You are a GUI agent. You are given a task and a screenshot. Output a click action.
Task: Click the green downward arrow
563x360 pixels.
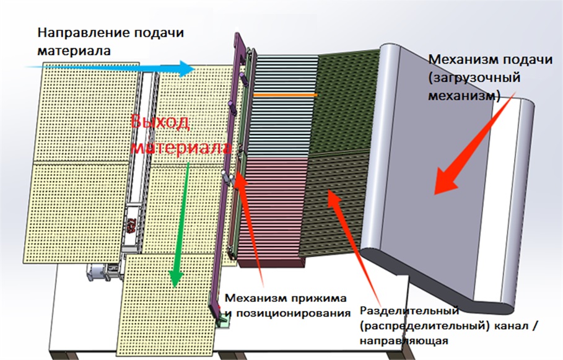(x=180, y=223)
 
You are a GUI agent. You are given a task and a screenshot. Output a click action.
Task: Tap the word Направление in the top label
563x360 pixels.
(x=78, y=33)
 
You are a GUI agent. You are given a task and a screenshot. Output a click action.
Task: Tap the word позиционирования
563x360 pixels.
(x=290, y=312)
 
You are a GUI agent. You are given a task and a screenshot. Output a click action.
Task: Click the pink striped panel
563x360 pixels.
(x=273, y=204)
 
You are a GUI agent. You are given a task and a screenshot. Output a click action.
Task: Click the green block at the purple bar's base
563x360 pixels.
(x=222, y=321)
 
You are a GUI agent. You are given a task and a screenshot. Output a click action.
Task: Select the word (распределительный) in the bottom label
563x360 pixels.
(x=411, y=325)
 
